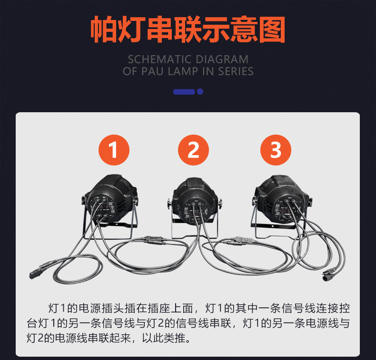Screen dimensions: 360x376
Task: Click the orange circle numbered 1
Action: coord(114,150)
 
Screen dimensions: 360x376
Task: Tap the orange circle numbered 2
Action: coord(193,150)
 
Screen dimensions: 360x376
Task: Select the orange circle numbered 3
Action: coord(276,150)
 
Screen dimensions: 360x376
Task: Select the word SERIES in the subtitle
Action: coord(236,71)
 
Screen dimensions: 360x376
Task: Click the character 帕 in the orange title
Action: coord(104,29)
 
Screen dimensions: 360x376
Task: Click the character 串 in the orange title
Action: coord(160,29)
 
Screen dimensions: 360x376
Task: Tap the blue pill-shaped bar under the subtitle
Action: coord(184,91)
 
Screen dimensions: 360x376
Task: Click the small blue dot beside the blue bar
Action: coord(200,91)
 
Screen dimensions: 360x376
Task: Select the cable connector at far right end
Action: coord(330,274)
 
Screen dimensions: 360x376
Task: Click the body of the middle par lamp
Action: coord(194,200)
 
